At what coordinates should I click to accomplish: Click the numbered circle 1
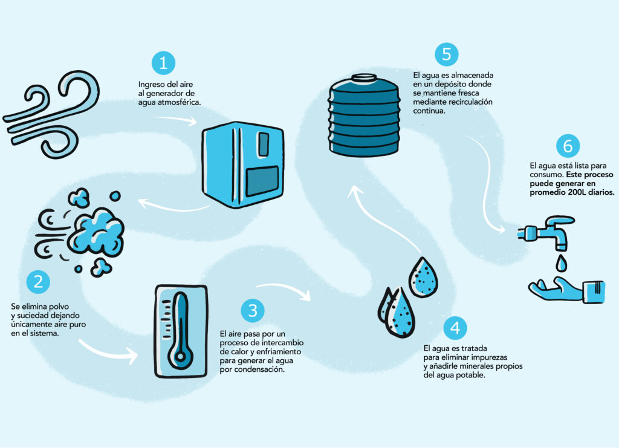tap(163, 63)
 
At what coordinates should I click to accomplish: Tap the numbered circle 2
tap(38, 282)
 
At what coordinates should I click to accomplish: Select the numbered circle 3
tap(253, 311)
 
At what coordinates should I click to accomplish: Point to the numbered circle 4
tap(455, 328)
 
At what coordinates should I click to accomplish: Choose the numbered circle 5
tap(447, 54)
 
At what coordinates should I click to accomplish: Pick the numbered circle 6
tap(568, 146)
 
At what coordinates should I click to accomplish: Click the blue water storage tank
tap(364, 115)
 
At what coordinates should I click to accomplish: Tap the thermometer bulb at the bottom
tap(180, 357)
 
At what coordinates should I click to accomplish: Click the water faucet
tap(546, 232)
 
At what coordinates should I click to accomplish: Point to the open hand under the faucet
tap(567, 290)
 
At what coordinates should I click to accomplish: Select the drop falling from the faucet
tap(561, 263)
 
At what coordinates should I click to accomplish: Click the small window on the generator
tap(263, 144)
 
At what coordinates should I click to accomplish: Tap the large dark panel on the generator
tap(262, 181)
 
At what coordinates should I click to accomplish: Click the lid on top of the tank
tap(364, 77)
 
